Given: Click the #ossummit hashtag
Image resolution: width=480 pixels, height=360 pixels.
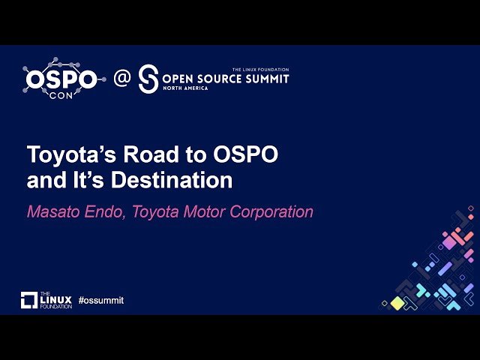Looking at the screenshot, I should coord(100,300).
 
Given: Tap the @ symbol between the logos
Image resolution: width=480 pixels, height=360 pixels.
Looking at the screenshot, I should coord(121,78).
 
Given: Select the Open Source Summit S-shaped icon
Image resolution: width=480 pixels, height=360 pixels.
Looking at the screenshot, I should coord(148,78).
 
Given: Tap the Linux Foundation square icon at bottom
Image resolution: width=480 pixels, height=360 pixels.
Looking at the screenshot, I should coord(28,300).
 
